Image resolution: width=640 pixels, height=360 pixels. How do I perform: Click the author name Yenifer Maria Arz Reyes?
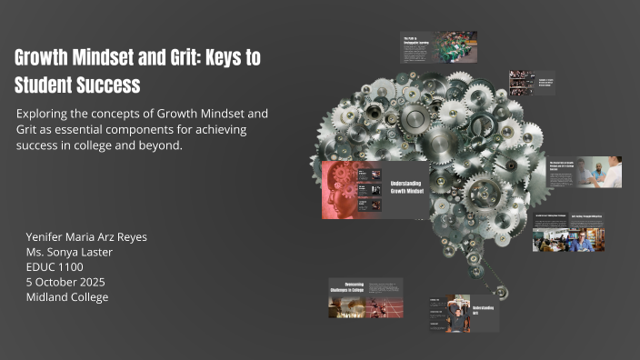86,236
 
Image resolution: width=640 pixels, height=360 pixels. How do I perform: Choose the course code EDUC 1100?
55,267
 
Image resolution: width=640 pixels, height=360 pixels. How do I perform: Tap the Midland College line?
67,297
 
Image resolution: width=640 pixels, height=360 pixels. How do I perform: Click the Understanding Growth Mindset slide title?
407,187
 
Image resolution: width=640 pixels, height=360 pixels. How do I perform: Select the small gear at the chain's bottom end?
502,293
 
